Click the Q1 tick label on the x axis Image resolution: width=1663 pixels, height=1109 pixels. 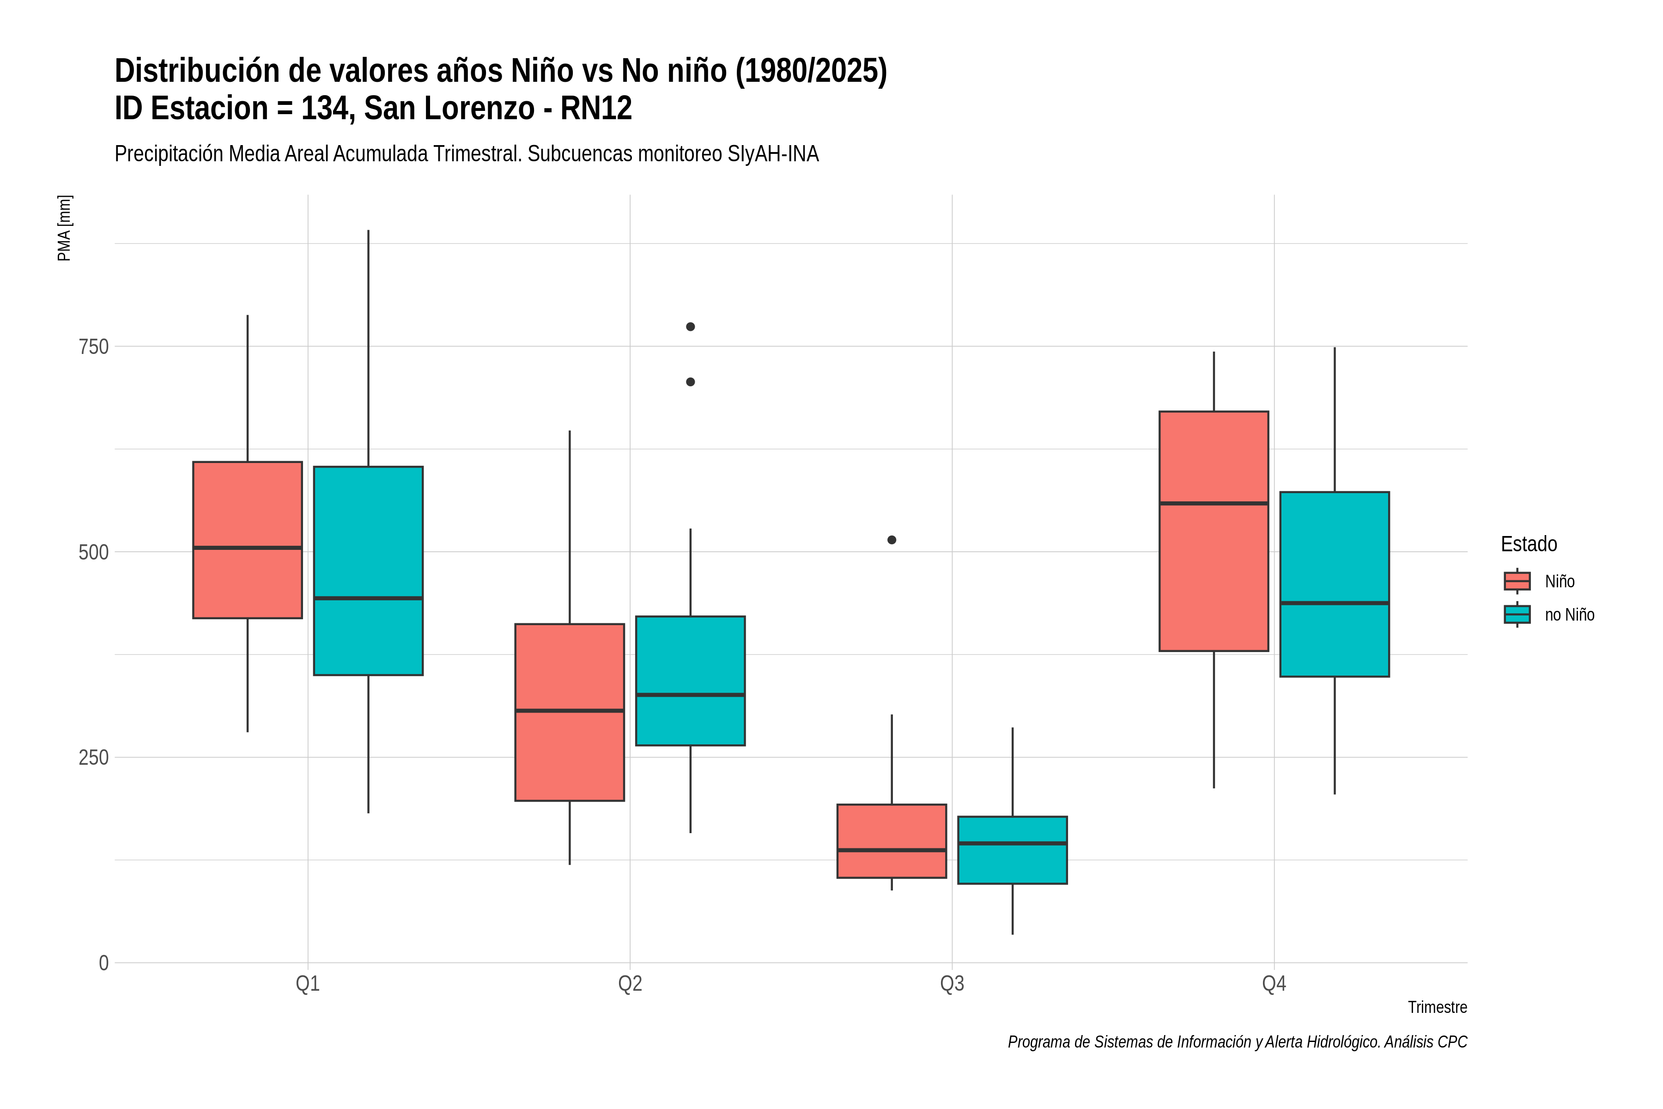pos(308,984)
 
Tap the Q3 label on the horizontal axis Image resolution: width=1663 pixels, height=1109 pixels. pos(952,984)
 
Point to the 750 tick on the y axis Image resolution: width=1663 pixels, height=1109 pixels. pos(93,347)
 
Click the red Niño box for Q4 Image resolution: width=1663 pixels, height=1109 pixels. pos(1214,530)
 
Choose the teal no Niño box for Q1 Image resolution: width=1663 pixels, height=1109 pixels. pos(368,571)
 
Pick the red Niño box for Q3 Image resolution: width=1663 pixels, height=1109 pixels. pos(892,841)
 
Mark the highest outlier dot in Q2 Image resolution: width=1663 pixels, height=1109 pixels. pos(690,327)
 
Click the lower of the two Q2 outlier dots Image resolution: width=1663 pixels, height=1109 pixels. pos(690,382)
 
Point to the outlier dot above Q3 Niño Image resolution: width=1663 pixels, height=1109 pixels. pos(892,540)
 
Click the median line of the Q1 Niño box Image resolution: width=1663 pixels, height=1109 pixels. pos(248,548)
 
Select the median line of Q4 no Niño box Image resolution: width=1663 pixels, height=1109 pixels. pos(1334,603)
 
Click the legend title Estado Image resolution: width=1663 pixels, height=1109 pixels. pos(1529,544)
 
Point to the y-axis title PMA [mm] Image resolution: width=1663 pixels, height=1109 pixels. pos(64,228)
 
